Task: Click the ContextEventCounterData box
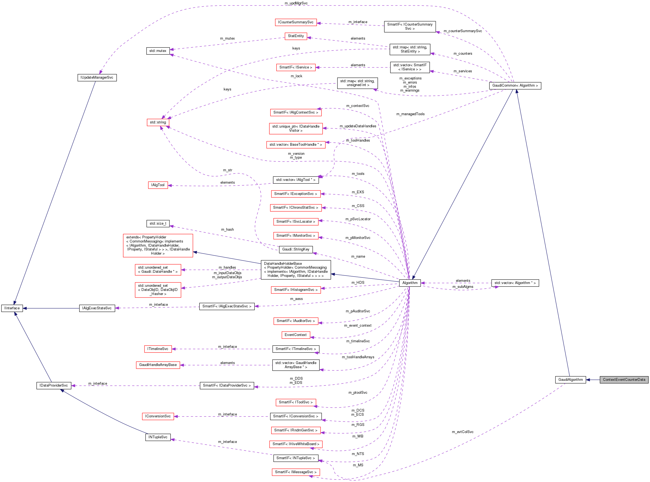624,380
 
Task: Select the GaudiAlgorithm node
570,380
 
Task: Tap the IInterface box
12,308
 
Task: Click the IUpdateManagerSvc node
97,78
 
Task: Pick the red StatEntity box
296,36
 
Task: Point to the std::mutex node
158,51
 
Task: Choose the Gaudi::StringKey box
296,249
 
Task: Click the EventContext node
295,335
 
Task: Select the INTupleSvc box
158,437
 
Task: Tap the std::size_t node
158,224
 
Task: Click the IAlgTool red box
158,185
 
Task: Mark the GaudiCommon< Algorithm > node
515,86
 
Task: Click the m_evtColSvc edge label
462,432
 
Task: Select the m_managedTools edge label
410,114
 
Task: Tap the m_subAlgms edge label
463,287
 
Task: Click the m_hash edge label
227,230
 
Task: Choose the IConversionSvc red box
158,416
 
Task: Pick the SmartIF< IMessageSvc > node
295,472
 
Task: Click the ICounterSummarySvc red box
295,23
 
